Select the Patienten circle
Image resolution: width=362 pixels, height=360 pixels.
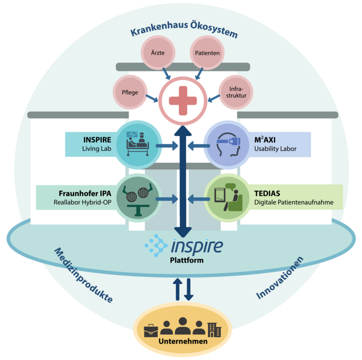click(x=207, y=53)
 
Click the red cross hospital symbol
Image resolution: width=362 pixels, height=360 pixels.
click(x=183, y=100)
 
